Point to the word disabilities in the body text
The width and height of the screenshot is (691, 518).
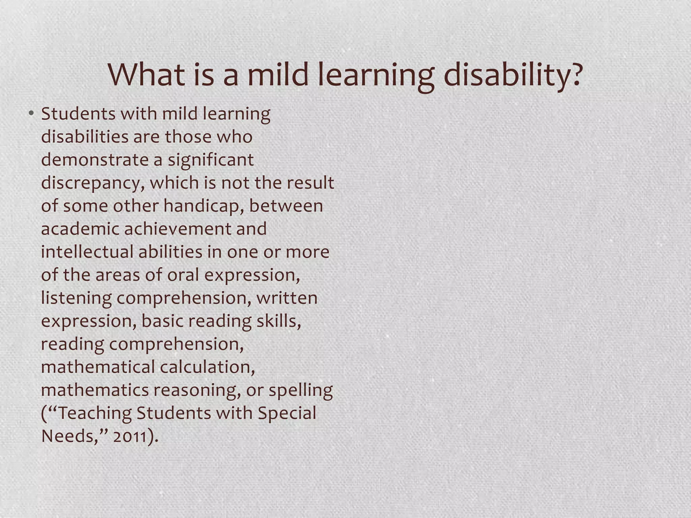(85, 137)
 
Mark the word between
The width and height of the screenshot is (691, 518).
(286, 206)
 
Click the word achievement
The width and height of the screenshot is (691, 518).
(178, 229)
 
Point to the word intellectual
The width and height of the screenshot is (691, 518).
(87, 252)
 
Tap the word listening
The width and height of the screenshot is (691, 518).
(76, 298)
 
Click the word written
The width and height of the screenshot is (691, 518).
(287, 298)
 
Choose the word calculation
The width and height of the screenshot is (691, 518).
(207, 367)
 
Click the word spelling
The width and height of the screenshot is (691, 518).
(301, 391)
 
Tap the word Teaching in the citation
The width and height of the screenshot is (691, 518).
(94, 414)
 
